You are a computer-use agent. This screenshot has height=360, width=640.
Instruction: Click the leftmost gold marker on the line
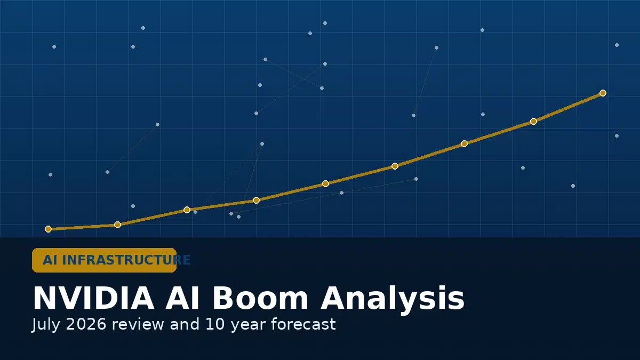pos(49,229)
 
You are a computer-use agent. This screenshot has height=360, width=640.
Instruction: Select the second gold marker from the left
pos(117,225)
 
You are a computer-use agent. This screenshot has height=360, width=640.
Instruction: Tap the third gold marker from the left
pos(187,210)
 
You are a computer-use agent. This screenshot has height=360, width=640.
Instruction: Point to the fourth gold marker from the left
pos(257,201)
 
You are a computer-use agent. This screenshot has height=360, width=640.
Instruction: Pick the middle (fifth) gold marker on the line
pos(325,183)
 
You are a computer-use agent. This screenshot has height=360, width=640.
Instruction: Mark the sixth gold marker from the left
pos(395,166)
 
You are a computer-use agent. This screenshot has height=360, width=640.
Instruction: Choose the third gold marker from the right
pos(465,143)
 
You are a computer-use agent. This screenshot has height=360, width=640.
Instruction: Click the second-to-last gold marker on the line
pos(533,122)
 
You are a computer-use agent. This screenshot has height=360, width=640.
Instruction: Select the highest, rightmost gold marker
pos(603,93)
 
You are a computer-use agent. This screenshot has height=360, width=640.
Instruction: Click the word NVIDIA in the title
pos(94,299)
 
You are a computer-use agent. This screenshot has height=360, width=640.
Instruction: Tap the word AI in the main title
pos(182,299)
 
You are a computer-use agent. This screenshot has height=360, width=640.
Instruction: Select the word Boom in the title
pos(260,299)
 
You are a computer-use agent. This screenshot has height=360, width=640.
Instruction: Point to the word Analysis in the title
pos(393,299)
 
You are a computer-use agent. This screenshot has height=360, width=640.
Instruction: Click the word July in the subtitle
pos(46,325)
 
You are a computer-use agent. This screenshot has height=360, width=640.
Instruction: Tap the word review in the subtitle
pos(138,325)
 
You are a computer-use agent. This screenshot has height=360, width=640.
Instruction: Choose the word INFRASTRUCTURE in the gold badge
pos(126,260)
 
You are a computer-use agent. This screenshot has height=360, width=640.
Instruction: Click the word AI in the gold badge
pos(50,260)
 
